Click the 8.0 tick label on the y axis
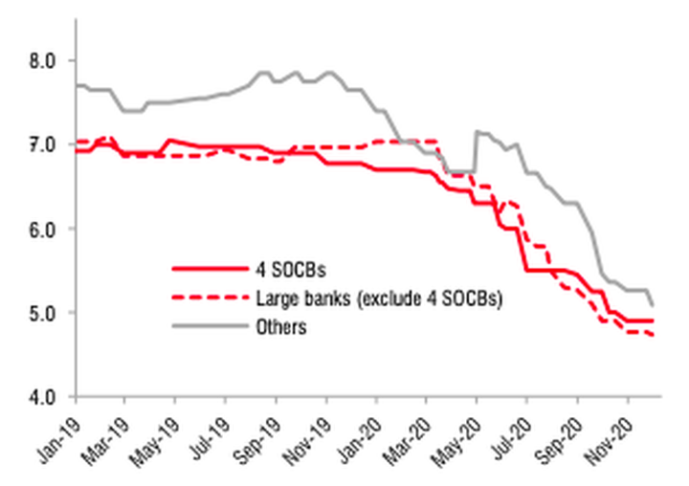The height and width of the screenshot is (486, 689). [x=44, y=60]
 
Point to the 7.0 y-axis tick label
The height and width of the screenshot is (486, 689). [x=44, y=144]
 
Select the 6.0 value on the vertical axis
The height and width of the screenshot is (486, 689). [x=44, y=229]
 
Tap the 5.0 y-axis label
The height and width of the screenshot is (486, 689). [x=44, y=313]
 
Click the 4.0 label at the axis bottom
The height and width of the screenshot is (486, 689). [x=44, y=396]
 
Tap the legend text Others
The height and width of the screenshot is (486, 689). [x=279, y=327]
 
